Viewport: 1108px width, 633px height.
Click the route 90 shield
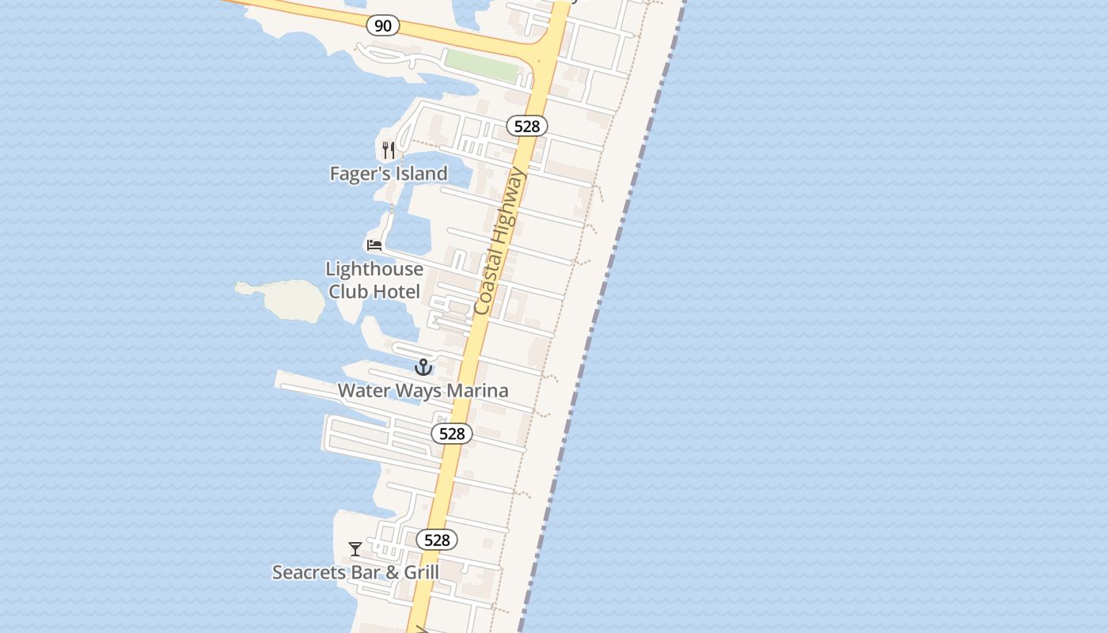383,26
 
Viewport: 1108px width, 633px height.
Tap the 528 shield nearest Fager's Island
526,126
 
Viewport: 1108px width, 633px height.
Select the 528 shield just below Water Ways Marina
452,434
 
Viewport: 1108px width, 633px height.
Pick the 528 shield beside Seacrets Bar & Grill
437,540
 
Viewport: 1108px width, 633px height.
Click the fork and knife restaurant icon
389,150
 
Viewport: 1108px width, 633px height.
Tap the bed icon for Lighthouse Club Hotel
374,245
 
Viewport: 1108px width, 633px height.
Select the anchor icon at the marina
423,367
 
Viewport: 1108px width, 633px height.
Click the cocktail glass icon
355,548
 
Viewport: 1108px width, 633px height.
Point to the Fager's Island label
389,173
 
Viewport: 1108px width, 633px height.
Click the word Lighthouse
374,269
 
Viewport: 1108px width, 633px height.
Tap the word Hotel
397,291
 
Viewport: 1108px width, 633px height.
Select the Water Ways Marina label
423,390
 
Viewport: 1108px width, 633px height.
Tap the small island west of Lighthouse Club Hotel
285,300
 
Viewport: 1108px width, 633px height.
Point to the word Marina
477,390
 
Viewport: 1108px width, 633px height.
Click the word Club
348,291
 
